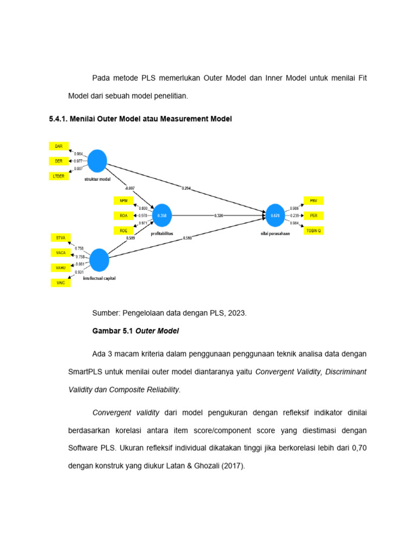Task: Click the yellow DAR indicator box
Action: pos(59,146)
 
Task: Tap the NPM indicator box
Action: pos(123,201)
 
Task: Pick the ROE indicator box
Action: pos(123,230)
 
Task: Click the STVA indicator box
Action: pos(61,238)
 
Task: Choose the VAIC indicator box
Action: pos(61,282)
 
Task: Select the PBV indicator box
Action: pos(313,201)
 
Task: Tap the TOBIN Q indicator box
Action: pos(313,230)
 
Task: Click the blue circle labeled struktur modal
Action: pos(97,161)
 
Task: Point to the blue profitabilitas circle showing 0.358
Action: pos(162,215)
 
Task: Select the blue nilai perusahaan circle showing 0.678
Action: pos(275,215)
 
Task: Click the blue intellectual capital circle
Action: pos(99,260)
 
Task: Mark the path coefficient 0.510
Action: pos(187,238)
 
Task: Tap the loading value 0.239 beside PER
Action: pos(295,215)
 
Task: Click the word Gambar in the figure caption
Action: pos(106,331)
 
